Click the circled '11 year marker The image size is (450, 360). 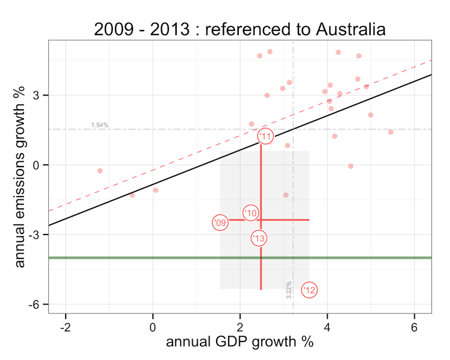pos(266,136)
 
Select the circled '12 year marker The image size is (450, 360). pos(309,290)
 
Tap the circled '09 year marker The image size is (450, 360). pos(220,223)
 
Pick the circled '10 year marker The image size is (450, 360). pos(251,213)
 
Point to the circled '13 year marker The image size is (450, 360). pos(258,238)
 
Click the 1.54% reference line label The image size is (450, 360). pos(100,125)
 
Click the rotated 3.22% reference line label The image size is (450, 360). pos(289,290)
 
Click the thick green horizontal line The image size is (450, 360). pos(179,257)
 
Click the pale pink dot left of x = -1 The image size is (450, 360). pos(100,171)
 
